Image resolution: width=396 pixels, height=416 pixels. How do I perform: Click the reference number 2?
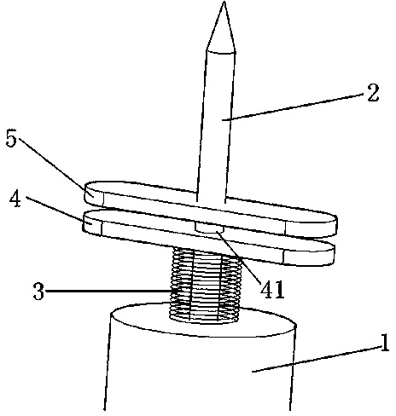pos(373,93)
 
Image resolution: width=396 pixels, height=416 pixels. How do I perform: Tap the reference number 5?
pos(11,139)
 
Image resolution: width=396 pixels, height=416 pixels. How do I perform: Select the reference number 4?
pos(15,199)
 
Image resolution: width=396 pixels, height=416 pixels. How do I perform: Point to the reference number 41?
pos(272,289)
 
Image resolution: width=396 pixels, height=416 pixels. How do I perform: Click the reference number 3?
pos(38,291)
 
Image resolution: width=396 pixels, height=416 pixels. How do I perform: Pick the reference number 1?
pos(385,343)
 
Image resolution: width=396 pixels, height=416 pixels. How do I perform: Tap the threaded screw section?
pos(206,286)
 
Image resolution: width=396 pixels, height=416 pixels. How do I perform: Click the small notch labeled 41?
pos(209,228)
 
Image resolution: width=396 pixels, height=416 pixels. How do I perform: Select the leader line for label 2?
pos(294,107)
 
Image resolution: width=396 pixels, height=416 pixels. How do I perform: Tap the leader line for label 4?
pos(57,210)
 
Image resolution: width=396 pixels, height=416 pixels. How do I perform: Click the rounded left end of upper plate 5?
pos(94,194)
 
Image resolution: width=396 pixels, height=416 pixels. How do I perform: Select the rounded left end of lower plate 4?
pos(92,222)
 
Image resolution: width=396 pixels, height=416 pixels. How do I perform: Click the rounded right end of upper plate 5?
pos(312,224)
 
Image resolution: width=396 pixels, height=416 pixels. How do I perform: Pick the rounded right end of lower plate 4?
pos(309,254)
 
